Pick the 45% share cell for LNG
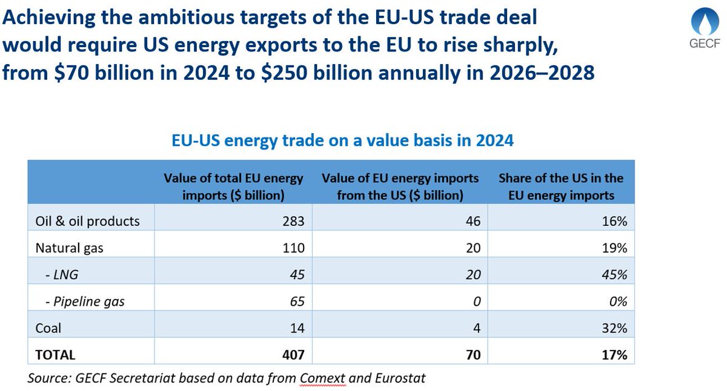click(614, 274)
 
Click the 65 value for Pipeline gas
click(290, 301)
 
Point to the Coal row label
click(48, 327)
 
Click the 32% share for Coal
click(614, 327)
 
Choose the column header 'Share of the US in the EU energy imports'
click(560, 186)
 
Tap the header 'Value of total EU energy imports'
click(233, 186)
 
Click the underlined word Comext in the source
click(321, 378)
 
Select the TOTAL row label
click(55, 354)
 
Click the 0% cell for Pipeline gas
click(617, 301)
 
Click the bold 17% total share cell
click(614, 354)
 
